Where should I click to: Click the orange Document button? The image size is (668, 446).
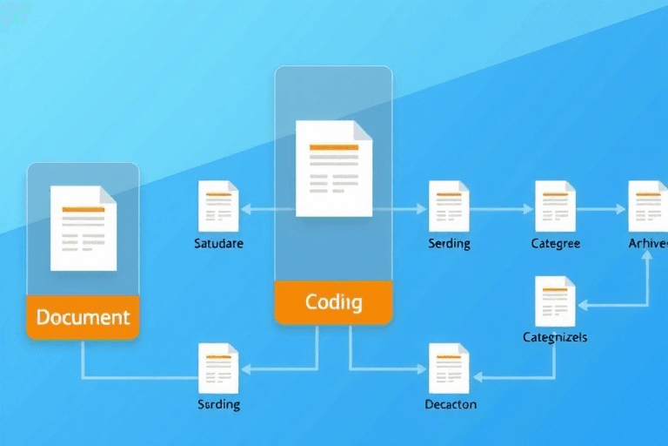(83, 317)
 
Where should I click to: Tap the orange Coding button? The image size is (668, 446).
(334, 302)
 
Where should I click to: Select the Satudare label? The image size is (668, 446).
(218, 244)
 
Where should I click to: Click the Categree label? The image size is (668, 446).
(555, 244)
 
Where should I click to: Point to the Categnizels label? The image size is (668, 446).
(555, 337)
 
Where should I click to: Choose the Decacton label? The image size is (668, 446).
(451, 405)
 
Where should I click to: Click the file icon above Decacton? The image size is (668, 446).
(450, 367)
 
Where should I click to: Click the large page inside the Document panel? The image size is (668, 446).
(83, 227)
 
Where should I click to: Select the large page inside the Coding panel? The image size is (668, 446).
(333, 168)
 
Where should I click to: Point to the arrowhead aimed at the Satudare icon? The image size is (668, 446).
(245, 209)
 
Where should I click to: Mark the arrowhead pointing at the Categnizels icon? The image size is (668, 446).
(582, 305)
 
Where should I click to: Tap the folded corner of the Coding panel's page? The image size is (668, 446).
(363, 129)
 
